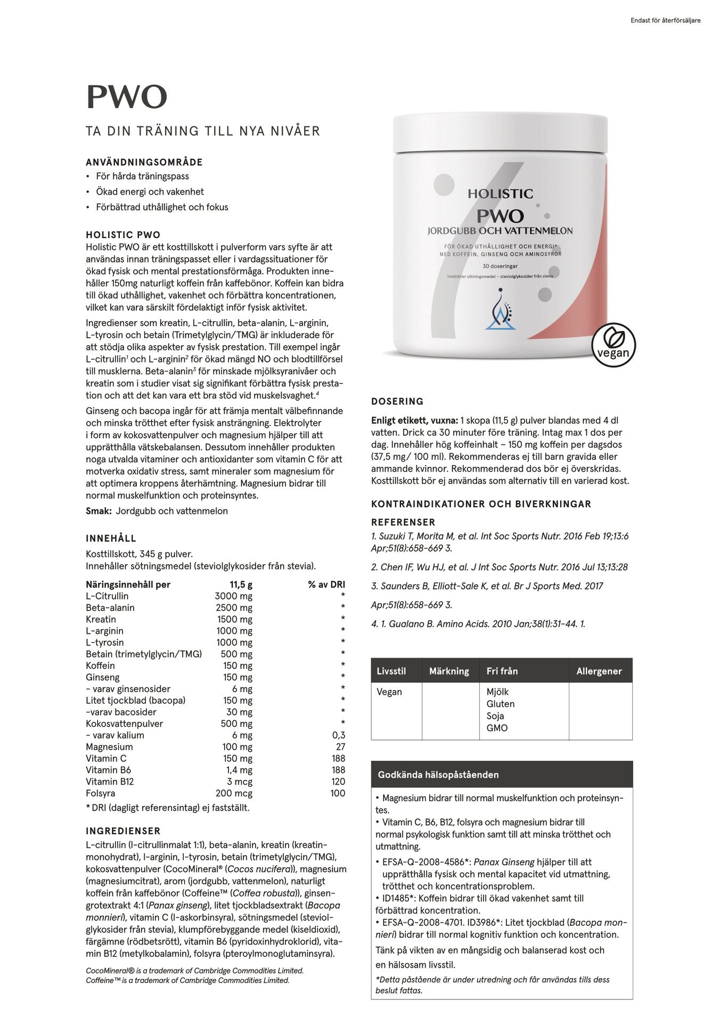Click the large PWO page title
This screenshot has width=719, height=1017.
click(x=127, y=96)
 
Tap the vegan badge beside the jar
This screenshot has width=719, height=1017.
click(x=614, y=345)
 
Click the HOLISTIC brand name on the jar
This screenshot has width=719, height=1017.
click(x=500, y=194)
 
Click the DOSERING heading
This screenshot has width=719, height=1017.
click(x=397, y=401)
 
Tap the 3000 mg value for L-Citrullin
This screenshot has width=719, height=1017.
click(x=233, y=596)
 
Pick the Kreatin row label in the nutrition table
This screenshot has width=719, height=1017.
click(x=101, y=619)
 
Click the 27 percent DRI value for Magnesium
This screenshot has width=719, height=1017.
click(x=340, y=747)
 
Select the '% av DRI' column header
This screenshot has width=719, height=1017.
click(x=326, y=584)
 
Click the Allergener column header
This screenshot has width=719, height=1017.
click(x=599, y=671)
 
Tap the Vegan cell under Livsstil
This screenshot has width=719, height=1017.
click(x=389, y=692)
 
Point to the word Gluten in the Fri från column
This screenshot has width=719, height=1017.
click(x=500, y=704)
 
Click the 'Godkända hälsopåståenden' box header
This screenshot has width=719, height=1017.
click(x=438, y=775)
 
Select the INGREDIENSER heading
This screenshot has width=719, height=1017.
click(x=123, y=831)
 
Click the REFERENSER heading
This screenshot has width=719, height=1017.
click(x=403, y=522)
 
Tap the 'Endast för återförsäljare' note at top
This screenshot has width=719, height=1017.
click(x=665, y=21)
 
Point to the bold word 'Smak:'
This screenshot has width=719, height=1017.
click(x=99, y=511)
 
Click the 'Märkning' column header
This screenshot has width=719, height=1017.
click(x=449, y=671)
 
